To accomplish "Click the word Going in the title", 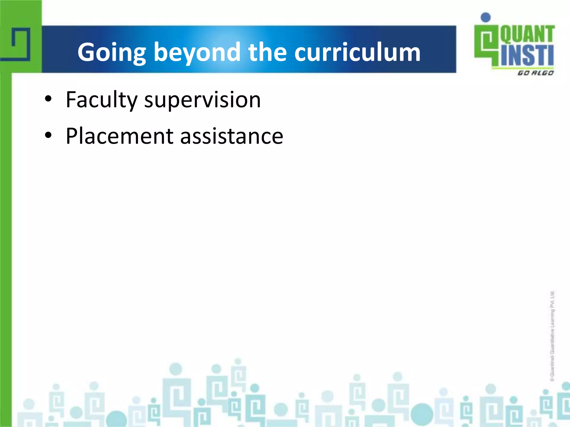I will coord(112,53).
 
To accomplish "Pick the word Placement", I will coord(120,136).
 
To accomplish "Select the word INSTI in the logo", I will coord(527,56).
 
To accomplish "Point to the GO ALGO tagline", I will coord(535,73).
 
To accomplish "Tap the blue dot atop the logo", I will coord(486,18).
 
